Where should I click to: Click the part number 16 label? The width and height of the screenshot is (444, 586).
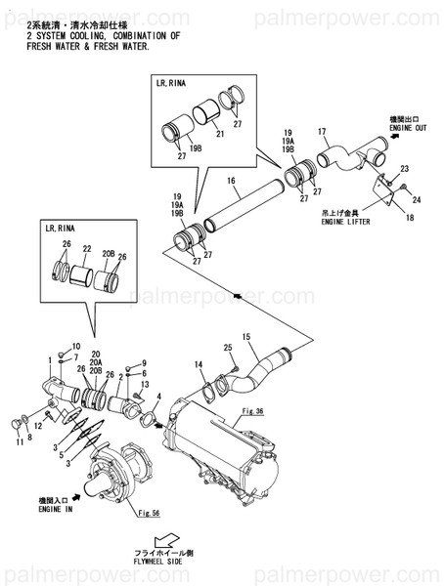(232, 181)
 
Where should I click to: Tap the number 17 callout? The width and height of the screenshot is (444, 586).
(321, 131)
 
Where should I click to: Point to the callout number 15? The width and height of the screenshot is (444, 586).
(246, 337)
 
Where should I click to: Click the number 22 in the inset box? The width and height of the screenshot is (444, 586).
(87, 249)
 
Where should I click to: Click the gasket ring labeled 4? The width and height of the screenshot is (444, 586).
(149, 420)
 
